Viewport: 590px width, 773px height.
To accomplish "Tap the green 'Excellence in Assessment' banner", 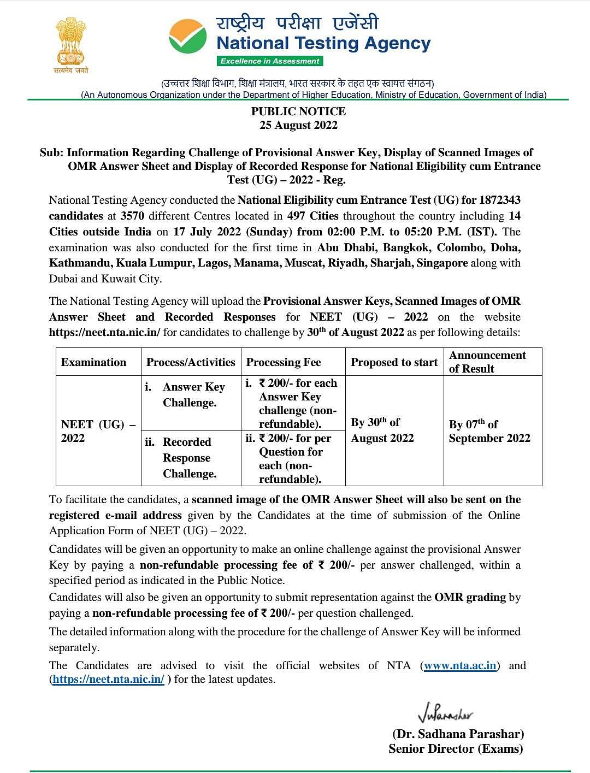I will coord(270,61).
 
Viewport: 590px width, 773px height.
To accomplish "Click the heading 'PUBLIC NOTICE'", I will coord(298,111).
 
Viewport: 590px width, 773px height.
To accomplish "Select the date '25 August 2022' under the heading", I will coord(298,125).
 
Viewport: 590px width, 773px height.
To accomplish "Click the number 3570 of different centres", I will coord(132,216).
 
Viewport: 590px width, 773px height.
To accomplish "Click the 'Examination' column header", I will coord(93,362).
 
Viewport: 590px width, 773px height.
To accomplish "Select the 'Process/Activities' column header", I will coord(191,362).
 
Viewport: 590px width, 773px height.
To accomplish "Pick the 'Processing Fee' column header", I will coord(284,362).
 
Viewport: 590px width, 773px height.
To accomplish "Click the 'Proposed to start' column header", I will coord(394,362).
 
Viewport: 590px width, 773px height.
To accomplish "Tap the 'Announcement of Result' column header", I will coord(487,362).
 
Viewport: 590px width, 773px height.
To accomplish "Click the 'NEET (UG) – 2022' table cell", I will coord(98,431).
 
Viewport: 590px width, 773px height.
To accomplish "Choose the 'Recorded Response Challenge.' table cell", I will coord(190,458).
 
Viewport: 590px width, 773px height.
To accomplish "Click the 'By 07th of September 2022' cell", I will coord(489,431).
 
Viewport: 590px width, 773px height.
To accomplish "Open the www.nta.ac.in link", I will coord(460,665).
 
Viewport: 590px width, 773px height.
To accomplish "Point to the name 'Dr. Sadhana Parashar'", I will coord(458,734).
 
